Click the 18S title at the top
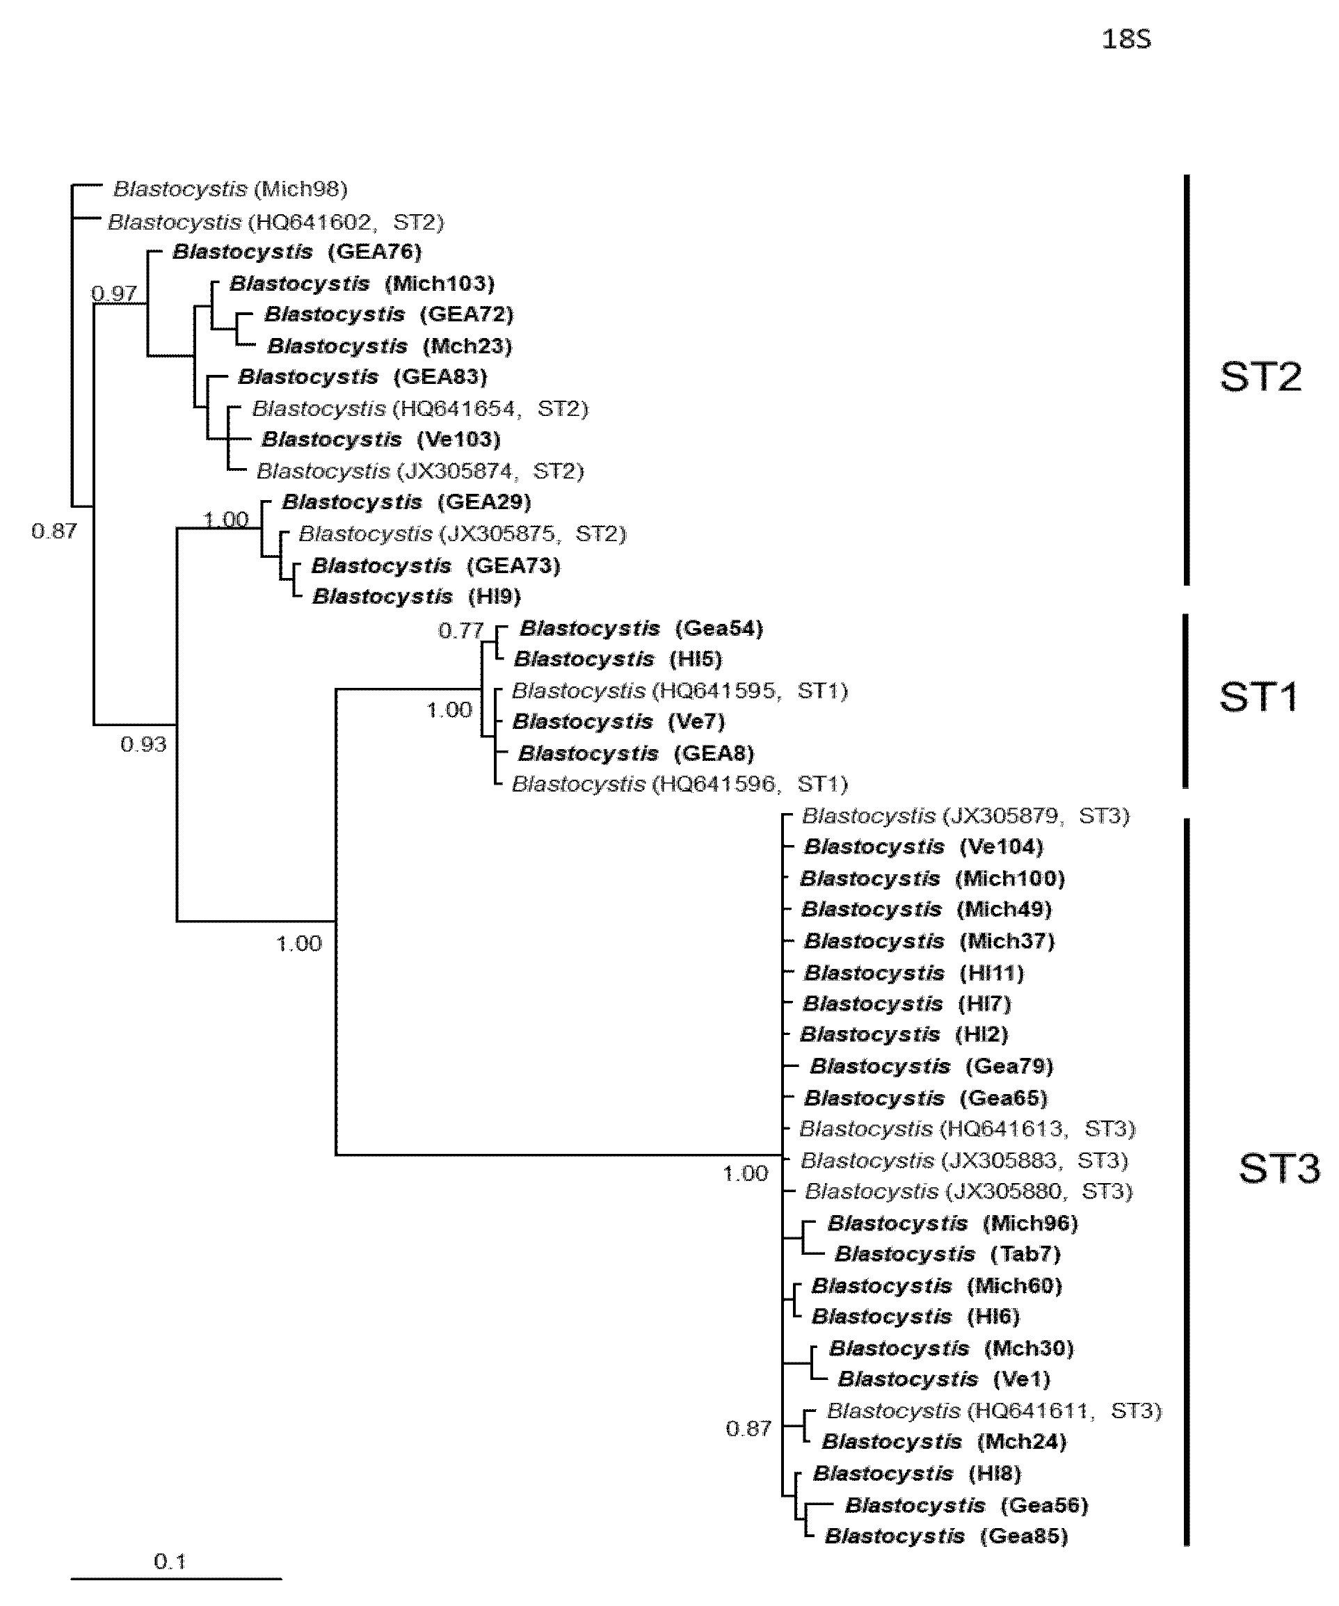pyautogui.click(x=1125, y=39)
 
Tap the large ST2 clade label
pyautogui.click(x=1260, y=376)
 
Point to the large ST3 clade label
pyautogui.click(x=1278, y=1169)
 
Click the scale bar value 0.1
pyautogui.click(x=170, y=1561)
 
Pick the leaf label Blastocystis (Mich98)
pyautogui.click(x=230, y=189)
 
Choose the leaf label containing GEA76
pyautogui.click(x=297, y=252)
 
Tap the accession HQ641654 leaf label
pyautogui.click(x=420, y=408)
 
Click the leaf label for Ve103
pyautogui.click(x=380, y=440)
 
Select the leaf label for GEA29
pyautogui.click(x=406, y=501)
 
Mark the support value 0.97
pyautogui.click(x=114, y=293)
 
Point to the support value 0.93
pyautogui.click(x=143, y=744)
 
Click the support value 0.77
pyautogui.click(x=460, y=630)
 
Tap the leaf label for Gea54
pyautogui.click(x=641, y=629)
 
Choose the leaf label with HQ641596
pyautogui.click(x=679, y=784)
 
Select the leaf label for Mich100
pyautogui.click(x=932, y=878)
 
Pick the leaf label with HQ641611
pyautogui.click(x=994, y=1411)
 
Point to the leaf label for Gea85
pyautogui.click(x=946, y=1536)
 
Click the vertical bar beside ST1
pyautogui.click(x=1186, y=700)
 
